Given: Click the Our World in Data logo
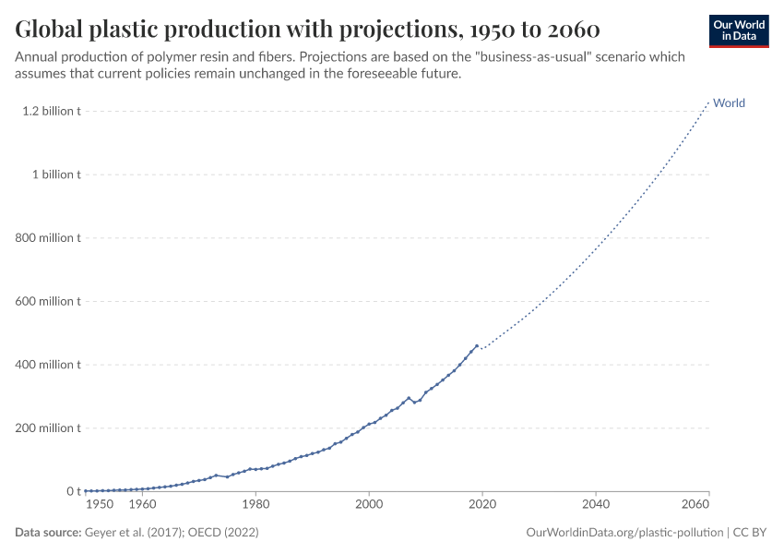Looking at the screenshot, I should pos(738,30).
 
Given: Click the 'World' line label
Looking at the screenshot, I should pos(729,103).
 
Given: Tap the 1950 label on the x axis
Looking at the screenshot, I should pos(100,505).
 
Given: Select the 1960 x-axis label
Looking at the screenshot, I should pos(142,505).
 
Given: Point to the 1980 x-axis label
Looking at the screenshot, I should pos(255,505).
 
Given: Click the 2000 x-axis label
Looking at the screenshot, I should pos(369,505).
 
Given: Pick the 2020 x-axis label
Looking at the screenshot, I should pos(482,505).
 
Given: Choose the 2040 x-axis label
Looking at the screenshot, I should pos(596,505).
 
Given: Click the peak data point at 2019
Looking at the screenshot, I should pos(477,346).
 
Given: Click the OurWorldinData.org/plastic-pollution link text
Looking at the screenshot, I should pos(624,533).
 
